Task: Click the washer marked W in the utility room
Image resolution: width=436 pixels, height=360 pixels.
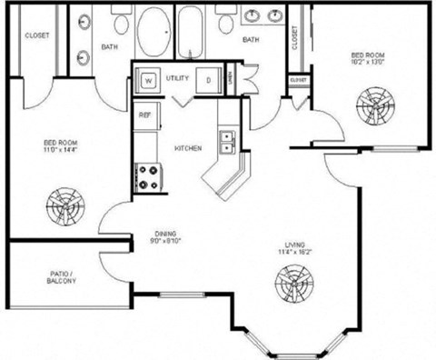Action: tap(147, 79)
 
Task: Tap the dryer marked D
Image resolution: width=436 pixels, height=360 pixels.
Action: tap(208, 79)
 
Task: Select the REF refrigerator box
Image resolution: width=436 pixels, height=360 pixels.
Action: tap(144, 115)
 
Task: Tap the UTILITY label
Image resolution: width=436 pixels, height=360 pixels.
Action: tap(177, 79)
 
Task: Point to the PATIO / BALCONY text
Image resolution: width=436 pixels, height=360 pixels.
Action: tap(62, 277)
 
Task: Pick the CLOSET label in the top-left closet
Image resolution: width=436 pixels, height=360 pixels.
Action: tap(38, 35)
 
